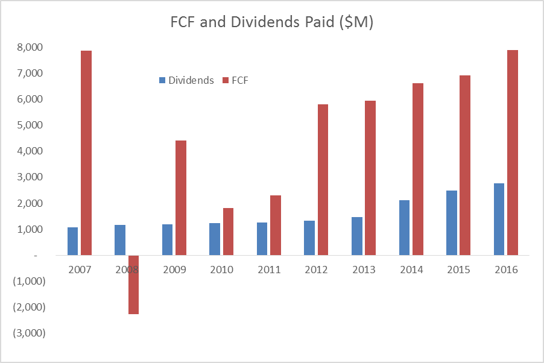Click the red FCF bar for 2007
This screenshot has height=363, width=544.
(x=86, y=153)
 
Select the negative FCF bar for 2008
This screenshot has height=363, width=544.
(x=133, y=285)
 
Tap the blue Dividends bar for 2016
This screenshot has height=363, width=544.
(x=499, y=219)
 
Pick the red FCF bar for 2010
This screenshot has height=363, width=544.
(x=228, y=232)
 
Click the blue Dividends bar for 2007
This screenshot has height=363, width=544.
(x=72, y=241)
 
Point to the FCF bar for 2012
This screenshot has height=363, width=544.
(x=323, y=180)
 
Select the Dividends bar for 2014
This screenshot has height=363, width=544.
(x=404, y=227)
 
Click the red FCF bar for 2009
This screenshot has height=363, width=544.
(x=181, y=198)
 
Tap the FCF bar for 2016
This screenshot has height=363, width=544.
(x=512, y=153)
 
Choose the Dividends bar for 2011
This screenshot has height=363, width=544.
(x=262, y=239)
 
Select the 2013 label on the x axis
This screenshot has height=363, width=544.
(x=363, y=270)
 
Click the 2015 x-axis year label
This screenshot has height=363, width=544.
(x=458, y=270)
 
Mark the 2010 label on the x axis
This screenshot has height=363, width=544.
(x=221, y=270)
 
